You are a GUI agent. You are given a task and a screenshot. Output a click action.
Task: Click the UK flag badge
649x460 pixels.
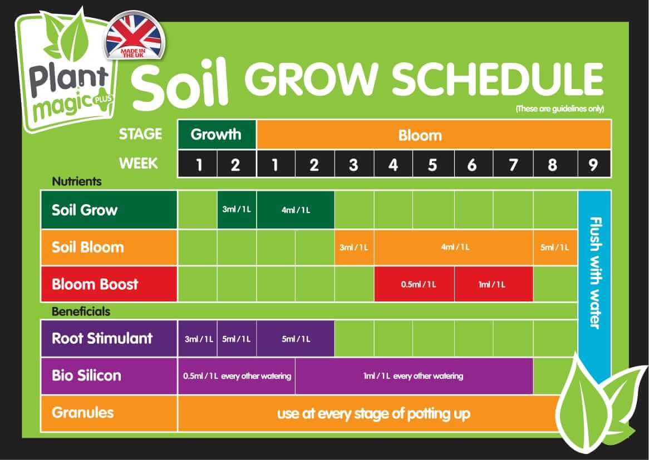134,37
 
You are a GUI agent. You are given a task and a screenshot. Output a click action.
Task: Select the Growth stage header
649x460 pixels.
217,134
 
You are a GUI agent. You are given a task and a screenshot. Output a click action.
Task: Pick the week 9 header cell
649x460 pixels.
593,164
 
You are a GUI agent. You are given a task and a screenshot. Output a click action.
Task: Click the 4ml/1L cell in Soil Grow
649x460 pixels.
296,210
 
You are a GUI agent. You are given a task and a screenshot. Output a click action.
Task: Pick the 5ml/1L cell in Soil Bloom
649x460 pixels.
555,247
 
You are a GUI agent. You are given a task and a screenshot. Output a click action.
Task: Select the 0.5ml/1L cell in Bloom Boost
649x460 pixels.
415,284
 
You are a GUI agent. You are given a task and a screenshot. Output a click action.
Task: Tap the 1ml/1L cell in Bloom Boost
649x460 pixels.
493,284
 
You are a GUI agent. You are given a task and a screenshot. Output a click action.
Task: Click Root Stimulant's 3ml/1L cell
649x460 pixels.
197,339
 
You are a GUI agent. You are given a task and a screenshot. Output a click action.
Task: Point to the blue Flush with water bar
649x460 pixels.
594,273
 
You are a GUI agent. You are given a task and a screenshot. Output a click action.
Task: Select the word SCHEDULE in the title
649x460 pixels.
498,80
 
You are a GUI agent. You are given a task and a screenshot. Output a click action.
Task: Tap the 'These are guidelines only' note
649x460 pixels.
559,108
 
